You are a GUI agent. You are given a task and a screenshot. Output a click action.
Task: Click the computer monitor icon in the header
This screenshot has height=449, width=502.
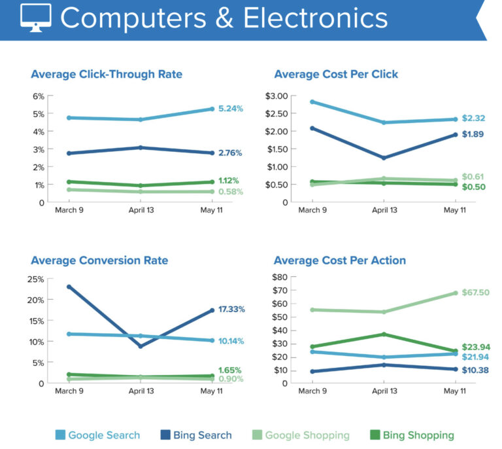(35, 19)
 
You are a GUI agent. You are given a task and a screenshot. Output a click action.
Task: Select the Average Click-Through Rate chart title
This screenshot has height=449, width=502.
(107, 75)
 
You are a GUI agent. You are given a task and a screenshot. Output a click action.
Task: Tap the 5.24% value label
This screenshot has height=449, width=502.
(230, 109)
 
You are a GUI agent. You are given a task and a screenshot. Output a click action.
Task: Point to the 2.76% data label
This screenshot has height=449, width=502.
(230, 153)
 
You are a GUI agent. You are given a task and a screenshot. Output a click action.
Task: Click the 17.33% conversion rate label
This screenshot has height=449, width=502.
(232, 310)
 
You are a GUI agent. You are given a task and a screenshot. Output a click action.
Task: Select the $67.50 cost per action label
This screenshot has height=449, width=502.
(476, 293)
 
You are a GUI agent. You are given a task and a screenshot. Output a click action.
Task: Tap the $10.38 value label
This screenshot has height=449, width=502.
(476, 370)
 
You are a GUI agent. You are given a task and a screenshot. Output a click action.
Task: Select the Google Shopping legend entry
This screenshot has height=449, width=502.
(300, 435)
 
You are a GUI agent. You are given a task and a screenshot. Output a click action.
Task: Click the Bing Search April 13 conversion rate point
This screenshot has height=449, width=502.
(140, 346)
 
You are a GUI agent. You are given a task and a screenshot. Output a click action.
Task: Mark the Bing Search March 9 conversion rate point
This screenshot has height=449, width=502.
(69, 287)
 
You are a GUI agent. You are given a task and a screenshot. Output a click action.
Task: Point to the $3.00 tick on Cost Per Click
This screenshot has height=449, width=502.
(277, 96)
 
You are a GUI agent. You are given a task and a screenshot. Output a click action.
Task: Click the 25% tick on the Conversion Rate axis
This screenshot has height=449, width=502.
(36, 279)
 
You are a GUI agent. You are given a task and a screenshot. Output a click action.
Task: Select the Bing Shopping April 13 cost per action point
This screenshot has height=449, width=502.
(383, 334)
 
